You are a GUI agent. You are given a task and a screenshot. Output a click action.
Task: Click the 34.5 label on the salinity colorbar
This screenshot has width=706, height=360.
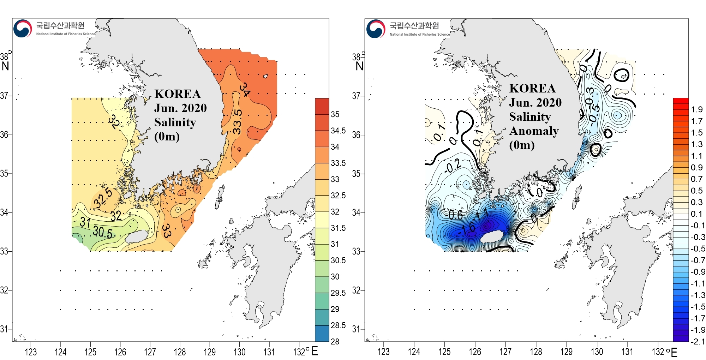(x=338, y=131)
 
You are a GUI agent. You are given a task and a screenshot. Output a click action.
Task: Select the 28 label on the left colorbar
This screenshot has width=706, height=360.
(x=335, y=341)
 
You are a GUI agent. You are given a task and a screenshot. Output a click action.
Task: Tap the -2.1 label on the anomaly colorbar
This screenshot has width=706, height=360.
(x=698, y=341)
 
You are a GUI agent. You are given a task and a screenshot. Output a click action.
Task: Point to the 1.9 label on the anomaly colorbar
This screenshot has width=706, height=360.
(x=697, y=109)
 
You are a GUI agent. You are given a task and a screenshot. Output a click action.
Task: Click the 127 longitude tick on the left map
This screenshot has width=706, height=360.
(x=150, y=352)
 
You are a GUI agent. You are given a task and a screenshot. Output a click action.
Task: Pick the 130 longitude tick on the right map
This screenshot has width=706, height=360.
(x=597, y=352)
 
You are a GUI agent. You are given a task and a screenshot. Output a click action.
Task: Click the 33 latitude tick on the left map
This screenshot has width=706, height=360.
(x=4, y=251)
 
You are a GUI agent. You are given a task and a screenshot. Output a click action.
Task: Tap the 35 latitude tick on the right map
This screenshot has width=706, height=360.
(x=356, y=174)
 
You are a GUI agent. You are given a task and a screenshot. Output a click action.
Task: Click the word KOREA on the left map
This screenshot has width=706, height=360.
(x=178, y=94)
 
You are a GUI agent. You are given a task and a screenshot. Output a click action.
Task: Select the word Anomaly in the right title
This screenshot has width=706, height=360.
(x=534, y=131)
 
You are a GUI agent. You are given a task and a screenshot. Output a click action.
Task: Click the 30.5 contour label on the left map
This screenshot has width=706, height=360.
(x=103, y=232)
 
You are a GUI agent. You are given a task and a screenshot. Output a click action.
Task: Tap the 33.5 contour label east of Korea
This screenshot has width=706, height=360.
(x=238, y=122)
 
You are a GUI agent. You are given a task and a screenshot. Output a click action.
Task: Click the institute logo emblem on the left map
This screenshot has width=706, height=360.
(x=23, y=28)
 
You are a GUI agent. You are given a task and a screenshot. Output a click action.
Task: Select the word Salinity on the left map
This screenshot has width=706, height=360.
(x=175, y=122)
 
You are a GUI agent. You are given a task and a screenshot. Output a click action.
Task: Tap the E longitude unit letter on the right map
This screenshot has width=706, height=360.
(x=674, y=352)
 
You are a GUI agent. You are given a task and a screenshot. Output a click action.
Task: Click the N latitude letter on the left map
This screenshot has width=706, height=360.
(x=5, y=66)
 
